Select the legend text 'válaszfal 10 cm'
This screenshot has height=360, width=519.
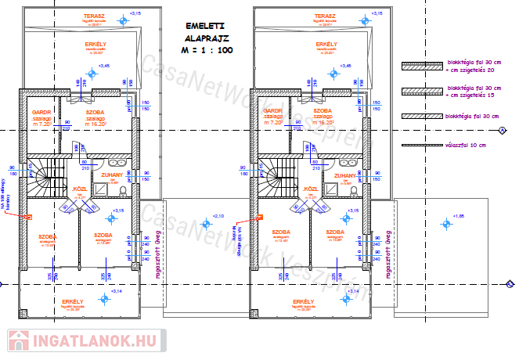pos(465,146)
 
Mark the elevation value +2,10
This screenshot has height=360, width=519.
pos(218,214)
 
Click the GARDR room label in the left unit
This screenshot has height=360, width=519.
pos(41,112)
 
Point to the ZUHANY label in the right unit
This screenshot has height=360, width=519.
pos(345,176)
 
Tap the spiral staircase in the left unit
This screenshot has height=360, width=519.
pos(47,179)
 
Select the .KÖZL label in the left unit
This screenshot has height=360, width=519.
pos(80,189)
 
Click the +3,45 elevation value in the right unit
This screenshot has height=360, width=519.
pos(349,65)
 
